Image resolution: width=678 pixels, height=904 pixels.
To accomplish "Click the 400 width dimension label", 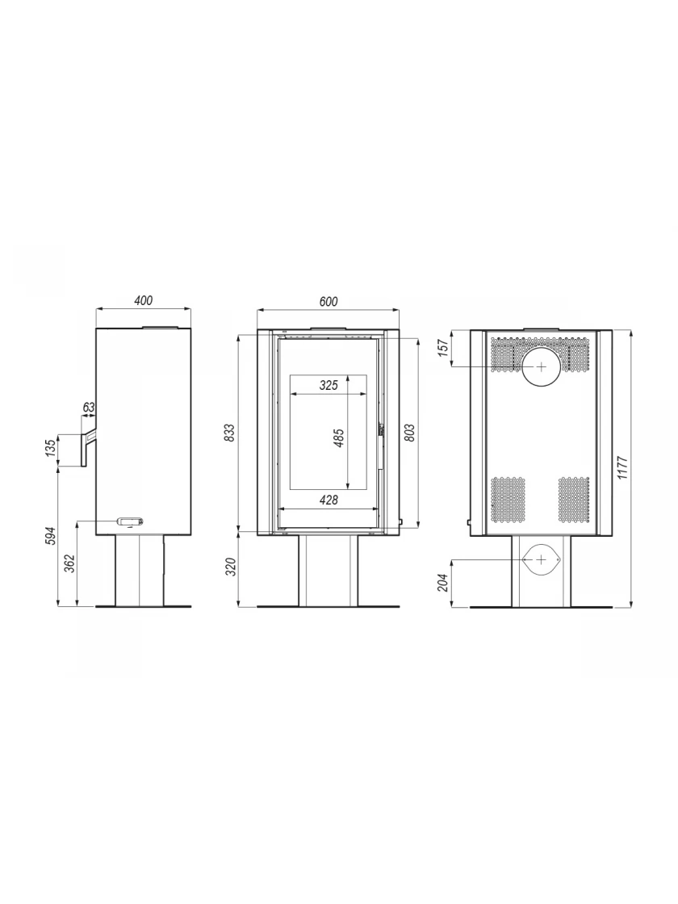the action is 143,300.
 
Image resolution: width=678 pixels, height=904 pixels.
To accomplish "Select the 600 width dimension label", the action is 328,302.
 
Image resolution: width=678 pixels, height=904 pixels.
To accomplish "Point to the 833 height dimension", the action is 229,433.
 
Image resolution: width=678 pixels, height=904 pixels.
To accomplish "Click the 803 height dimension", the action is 411,433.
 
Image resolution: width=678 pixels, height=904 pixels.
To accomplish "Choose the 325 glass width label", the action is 328,386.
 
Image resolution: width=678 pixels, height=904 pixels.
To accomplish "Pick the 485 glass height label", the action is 339,438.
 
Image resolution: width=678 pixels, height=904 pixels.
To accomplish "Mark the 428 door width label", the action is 328,500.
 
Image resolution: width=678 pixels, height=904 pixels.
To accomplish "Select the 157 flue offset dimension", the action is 443,348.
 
